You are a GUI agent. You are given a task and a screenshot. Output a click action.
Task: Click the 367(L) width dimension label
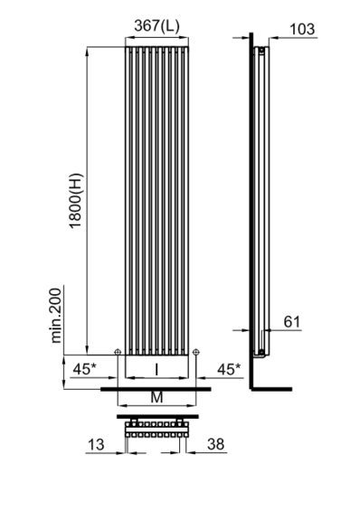(x=156, y=25)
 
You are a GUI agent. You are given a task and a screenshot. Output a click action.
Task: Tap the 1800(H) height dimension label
(x=77, y=201)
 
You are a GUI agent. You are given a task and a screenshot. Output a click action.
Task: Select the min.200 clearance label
(x=56, y=316)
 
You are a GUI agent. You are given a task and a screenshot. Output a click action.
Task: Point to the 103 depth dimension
(x=302, y=29)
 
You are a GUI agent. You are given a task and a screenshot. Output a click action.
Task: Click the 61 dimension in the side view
(x=292, y=322)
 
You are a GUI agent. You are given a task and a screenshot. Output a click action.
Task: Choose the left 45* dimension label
(x=84, y=369)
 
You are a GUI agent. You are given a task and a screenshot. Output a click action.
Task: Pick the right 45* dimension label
(x=229, y=369)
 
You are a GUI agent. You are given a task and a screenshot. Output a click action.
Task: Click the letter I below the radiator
(x=156, y=370)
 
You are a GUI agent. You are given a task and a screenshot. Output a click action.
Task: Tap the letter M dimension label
(x=156, y=397)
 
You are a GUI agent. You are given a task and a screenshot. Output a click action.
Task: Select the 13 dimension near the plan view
(x=96, y=444)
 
